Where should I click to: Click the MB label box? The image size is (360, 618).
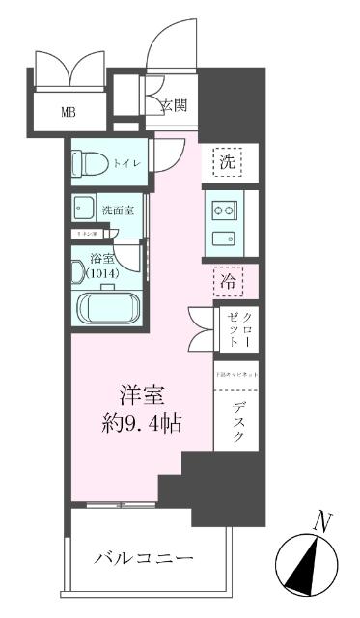tap(69, 111)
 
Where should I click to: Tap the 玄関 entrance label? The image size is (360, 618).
tap(173, 104)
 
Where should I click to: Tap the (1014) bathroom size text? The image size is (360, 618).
tap(101, 274)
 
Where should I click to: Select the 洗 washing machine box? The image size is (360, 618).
tap(226, 163)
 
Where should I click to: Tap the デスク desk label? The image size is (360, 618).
tap(237, 421)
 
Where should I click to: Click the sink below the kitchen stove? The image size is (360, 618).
tap(225, 239)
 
